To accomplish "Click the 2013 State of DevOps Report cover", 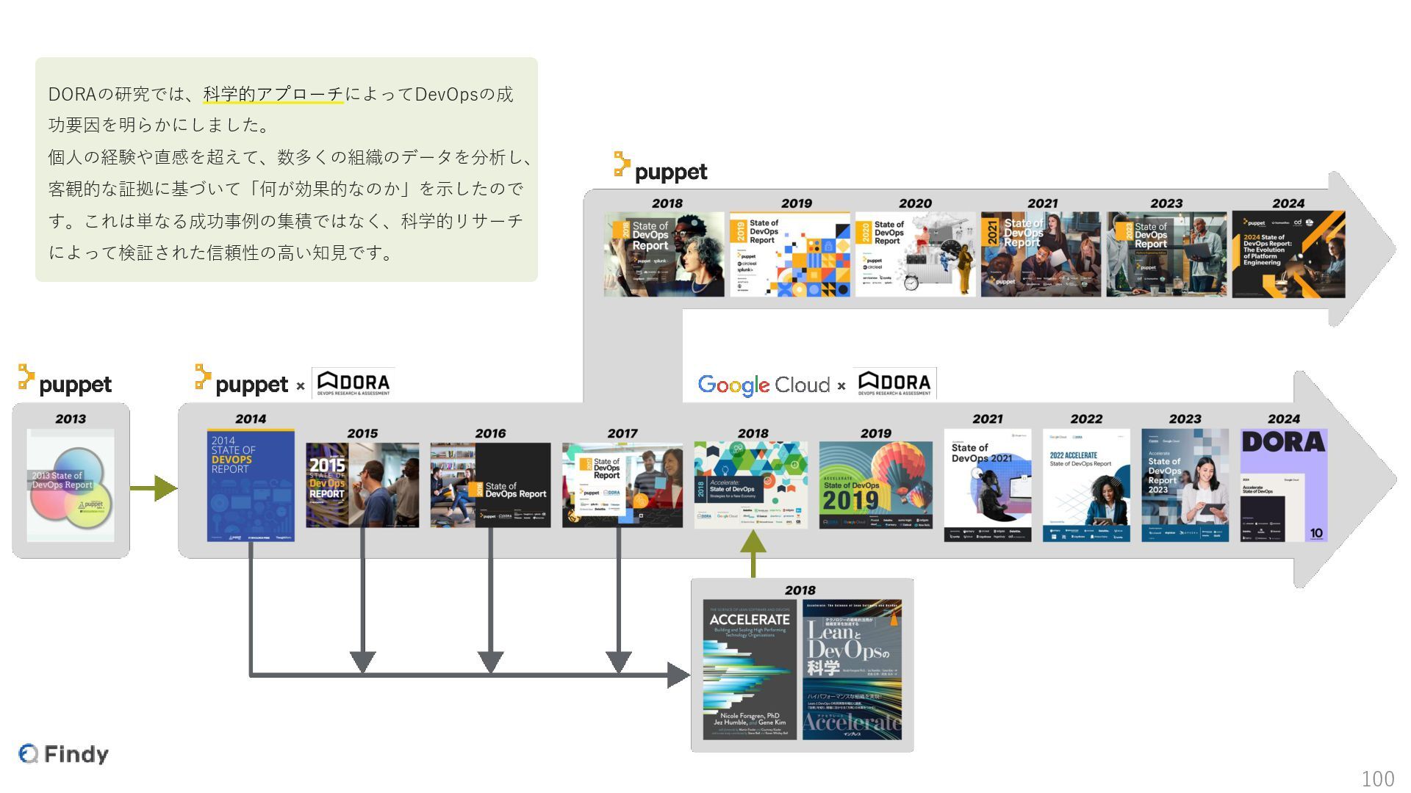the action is (71, 485).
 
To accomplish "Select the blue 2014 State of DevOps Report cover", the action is (251, 485).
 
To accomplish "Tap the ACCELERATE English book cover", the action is (750, 670).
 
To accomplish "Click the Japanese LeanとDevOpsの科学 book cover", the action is (852, 670).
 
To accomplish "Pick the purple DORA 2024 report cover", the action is (1283, 485).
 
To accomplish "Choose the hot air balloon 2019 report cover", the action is (875, 485).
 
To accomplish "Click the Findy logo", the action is (64, 754).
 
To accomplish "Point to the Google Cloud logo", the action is (764, 385).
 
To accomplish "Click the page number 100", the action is (1377, 778).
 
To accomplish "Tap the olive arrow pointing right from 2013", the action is (153, 488).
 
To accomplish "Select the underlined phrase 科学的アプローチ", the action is (273, 94).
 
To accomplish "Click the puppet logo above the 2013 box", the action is (65, 382).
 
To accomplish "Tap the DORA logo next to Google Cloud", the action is (894, 383).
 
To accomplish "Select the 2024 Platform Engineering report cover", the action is (1288, 255).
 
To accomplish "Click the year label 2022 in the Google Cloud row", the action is (1086, 419).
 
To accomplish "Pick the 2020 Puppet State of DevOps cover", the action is (915, 255).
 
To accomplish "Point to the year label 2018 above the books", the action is (800, 590).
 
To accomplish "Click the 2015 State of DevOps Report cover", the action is (362, 485).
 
